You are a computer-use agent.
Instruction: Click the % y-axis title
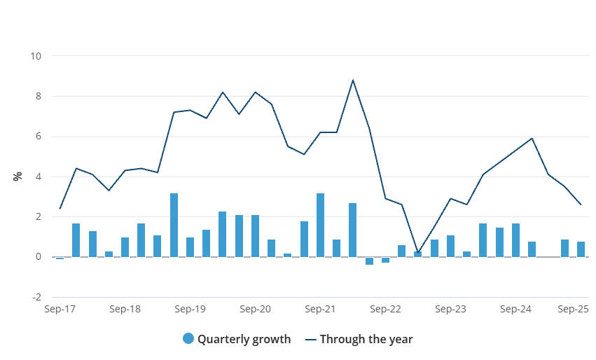tap(18, 176)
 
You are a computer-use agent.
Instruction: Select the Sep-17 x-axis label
tap(59, 309)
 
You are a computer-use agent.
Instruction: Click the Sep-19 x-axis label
tap(189, 309)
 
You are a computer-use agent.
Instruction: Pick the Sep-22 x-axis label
tap(385, 309)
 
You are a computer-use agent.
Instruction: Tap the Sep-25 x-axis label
tap(573, 309)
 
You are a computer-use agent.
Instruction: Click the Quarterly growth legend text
tap(244, 340)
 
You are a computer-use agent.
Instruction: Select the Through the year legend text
tap(366, 340)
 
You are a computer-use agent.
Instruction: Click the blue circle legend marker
tap(188, 339)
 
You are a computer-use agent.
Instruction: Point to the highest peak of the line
tap(353, 80)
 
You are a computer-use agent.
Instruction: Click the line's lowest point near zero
tap(418, 253)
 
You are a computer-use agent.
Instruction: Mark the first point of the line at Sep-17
tap(60, 208)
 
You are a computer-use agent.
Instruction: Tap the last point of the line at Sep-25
tap(581, 205)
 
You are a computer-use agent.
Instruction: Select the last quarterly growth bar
tap(581, 249)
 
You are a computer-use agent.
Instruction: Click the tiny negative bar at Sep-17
tap(60, 258)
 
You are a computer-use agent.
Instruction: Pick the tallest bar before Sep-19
tap(174, 225)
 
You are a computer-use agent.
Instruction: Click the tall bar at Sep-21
tap(320, 225)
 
